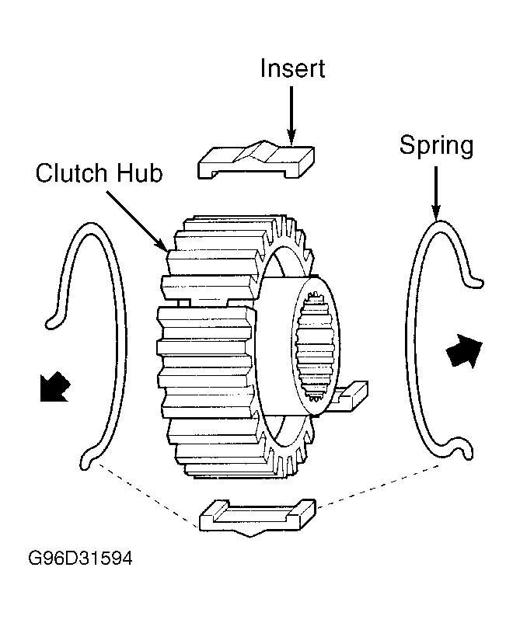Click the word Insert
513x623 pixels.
pos(293,68)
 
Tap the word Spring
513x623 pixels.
pos(436,146)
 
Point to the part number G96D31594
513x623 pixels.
pos(80,559)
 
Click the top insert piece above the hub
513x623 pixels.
pos(256,159)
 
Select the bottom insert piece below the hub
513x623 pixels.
pos(258,517)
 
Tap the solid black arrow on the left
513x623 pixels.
pos(55,387)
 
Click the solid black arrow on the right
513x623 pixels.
pos(464,350)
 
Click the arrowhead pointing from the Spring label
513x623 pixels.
pos(436,212)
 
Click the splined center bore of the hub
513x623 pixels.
pos(316,345)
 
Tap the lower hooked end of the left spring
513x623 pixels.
pos(86,460)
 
